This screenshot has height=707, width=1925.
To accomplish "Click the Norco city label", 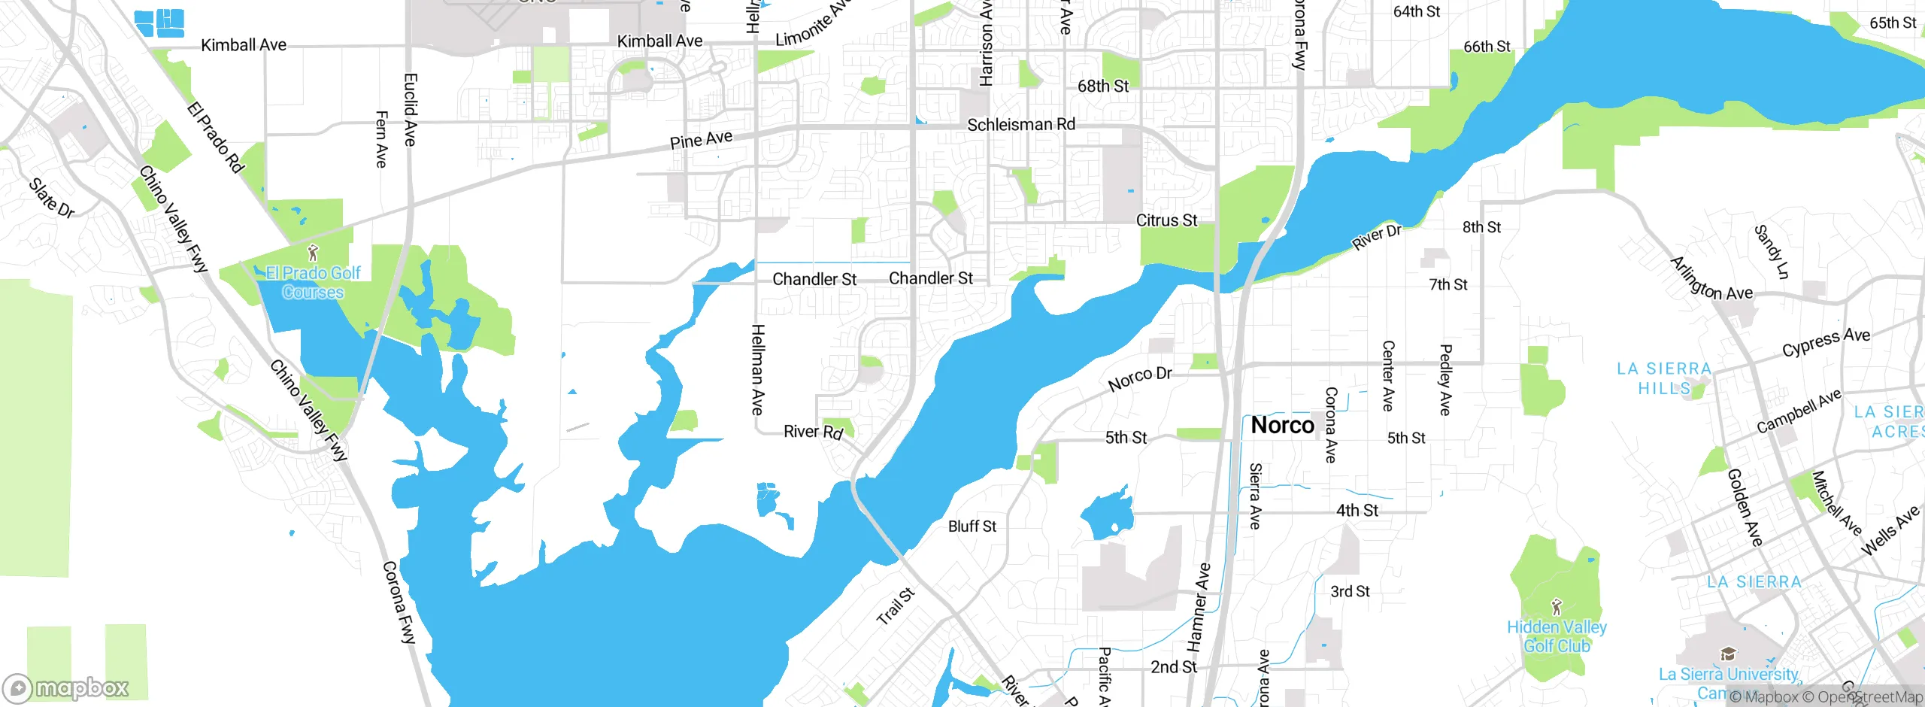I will (x=1282, y=426).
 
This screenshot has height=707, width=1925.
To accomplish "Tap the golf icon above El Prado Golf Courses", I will (x=314, y=253).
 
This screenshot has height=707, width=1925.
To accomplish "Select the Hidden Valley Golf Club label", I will (x=1557, y=636).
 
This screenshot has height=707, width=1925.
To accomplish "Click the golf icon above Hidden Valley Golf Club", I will (x=1557, y=606).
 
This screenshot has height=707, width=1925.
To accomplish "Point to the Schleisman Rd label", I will (x=1020, y=125).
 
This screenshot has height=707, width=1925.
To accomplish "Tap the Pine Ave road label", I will (x=701, y=140).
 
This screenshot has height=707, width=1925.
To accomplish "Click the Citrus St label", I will (x=1166, y=220).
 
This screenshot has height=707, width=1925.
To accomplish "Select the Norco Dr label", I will (x=1140, y=378).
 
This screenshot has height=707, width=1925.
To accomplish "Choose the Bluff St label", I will (x=972, y=526).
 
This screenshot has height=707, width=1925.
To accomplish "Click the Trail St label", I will (x=896, y=606).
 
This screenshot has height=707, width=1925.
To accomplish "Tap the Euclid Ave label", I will (x=411, y=110).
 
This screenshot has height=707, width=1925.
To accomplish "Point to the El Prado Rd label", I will (x=216, y=138).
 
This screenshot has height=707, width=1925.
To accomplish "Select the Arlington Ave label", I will (x=1711, y=279).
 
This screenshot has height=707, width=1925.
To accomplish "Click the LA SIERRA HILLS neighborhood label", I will (x=1664, y=378).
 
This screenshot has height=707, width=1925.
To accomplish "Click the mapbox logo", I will (x=66, y=687).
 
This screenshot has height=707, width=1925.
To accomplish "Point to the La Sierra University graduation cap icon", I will (x=1728, y=653).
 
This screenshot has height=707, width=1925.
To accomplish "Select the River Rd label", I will (x=813, y=432).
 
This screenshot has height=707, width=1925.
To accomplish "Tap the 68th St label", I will (x=1102, y=86).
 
